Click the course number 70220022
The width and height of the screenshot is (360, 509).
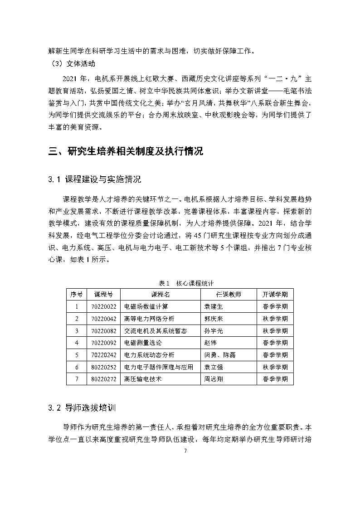(104, 306)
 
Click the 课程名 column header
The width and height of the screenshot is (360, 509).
(160, 294)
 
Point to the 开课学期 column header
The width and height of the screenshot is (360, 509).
(275, 294)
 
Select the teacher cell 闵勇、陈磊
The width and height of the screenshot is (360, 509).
(220, 355)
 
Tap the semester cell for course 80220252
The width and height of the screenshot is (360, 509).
(275, 367)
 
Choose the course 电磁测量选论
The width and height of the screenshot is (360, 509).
(143, 343)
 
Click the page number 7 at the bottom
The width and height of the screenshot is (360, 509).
(180, 451)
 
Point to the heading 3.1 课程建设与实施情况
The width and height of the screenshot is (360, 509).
(94, 180)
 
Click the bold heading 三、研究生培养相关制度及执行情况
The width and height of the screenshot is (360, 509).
(126, 151)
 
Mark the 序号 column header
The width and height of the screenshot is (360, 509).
(76, 294)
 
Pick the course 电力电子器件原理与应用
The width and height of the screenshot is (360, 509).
(158, 367)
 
